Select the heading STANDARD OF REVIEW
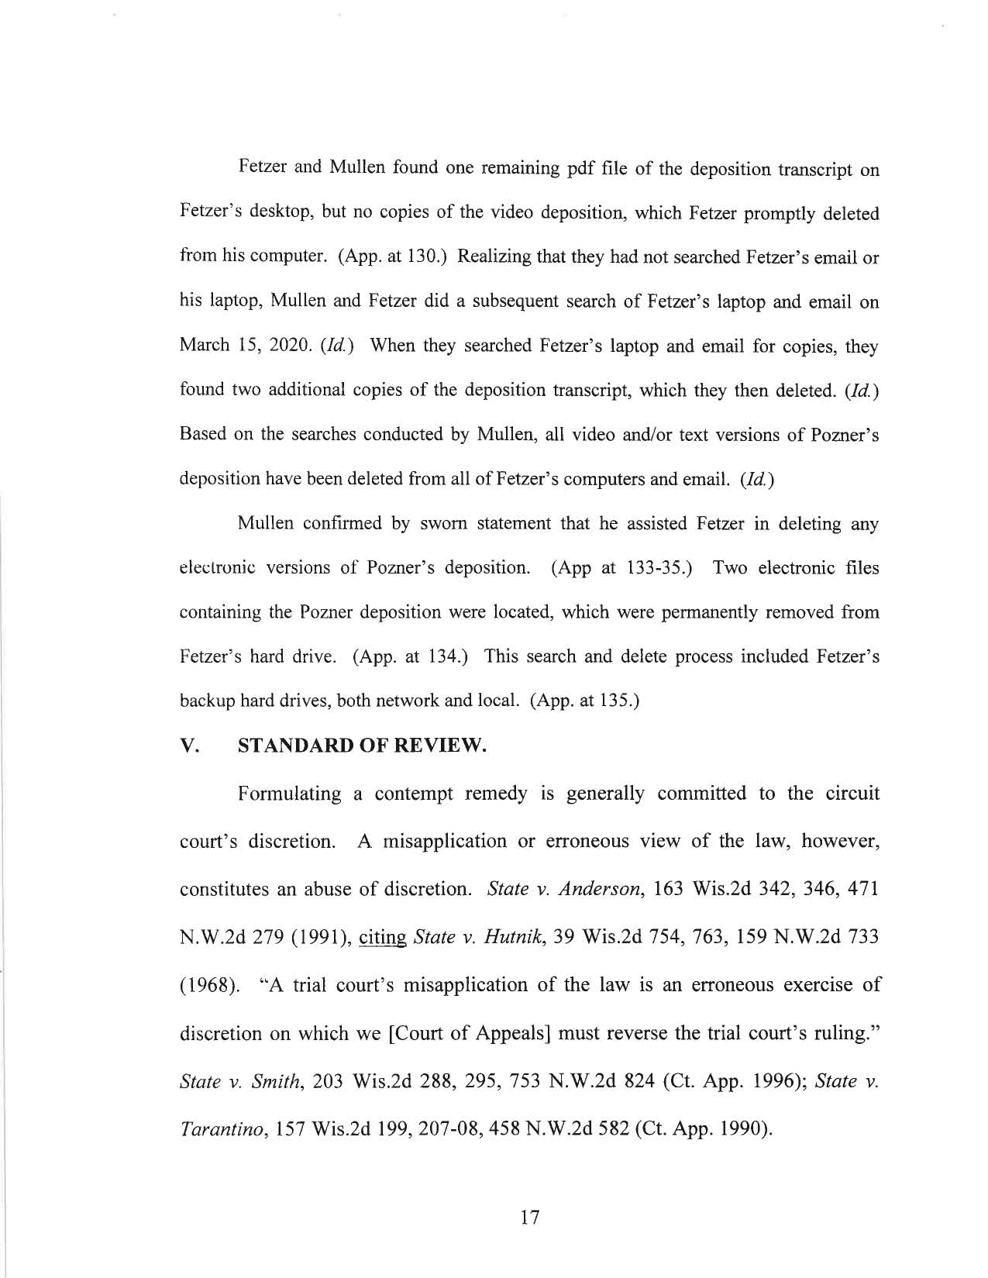pyautogui.click(x=362, y=746)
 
